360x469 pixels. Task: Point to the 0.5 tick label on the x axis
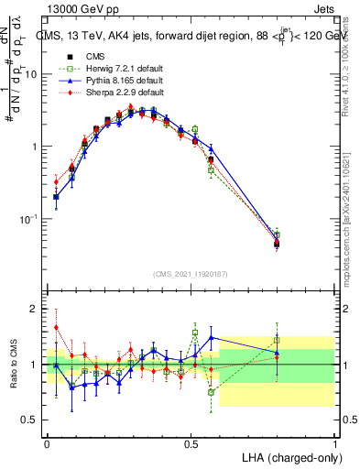coord(191,442)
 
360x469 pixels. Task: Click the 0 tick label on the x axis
coord(46,442)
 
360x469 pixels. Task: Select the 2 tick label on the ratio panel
coord(35,309)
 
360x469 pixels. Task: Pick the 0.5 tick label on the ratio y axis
coord(29,420)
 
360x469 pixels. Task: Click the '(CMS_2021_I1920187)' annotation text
coord(191,273)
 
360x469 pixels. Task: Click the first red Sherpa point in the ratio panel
coord(56,327)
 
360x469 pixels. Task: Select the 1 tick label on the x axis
coord(335,442)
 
